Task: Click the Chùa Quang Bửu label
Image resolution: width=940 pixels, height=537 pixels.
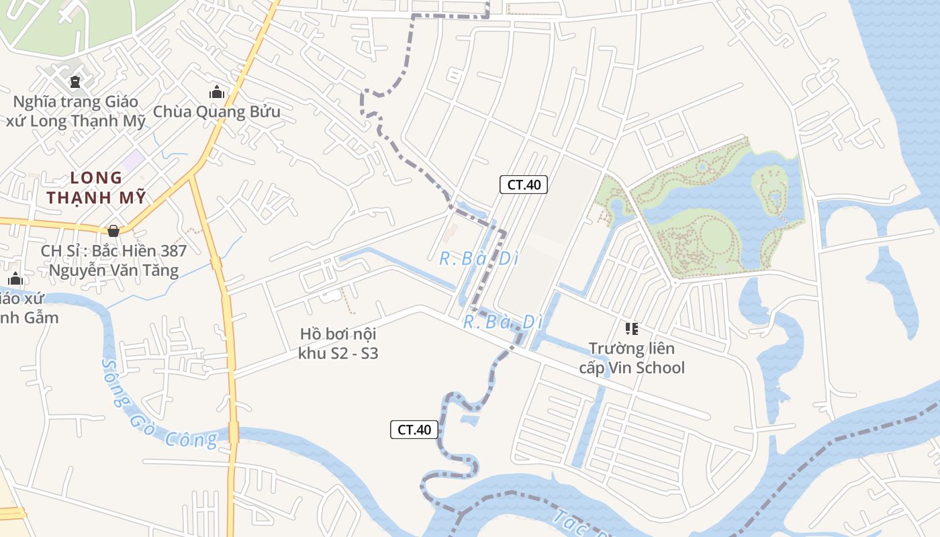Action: [x=216, y=111]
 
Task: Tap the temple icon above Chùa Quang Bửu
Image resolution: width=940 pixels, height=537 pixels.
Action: [x=216, y=92]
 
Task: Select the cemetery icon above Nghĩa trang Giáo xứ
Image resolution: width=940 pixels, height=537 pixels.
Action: [x=75, y=82]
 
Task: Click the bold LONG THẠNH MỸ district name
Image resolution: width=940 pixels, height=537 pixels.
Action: [x=97, y=188]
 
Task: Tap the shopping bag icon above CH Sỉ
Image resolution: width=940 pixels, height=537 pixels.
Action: [x=113, y=231]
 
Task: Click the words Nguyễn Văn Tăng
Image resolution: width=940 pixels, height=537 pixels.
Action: [x=113, y=271]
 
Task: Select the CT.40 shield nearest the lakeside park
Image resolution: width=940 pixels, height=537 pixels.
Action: [x=524, y=185]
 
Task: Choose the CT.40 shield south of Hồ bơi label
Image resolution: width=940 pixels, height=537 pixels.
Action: [x=414, y=430]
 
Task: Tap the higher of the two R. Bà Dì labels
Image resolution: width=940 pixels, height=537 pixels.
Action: [x=479, y=258]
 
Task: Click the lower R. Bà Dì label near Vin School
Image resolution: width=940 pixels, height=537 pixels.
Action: [x=503, y=322]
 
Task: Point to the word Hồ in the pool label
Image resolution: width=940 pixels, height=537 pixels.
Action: [x=310, y=334]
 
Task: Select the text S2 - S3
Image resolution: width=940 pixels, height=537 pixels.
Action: [x=355, y=353]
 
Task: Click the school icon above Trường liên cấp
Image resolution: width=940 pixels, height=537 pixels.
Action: [x=631, y=329]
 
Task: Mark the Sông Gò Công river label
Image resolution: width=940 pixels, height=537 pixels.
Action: [x=158, y=406]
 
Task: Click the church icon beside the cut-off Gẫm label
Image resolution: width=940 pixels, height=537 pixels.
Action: [x=15, y=279]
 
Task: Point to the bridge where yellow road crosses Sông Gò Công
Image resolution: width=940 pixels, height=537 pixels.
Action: [x=233, y=432]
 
